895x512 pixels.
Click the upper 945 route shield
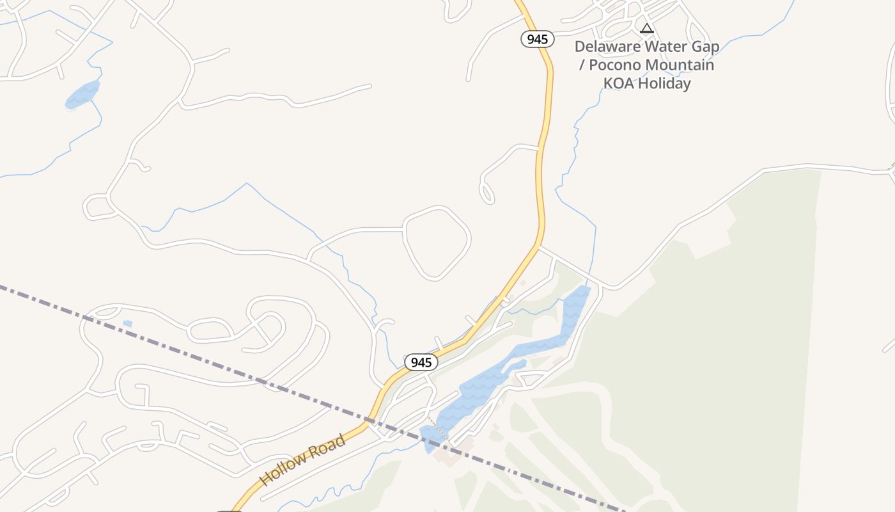coord(537,39)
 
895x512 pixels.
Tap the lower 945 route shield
coord(421,362)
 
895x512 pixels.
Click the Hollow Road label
coord(303,460)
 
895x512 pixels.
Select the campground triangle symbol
coord(647,28)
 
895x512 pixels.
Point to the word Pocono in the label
coord(614,65)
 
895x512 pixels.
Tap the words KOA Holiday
coord(647,84)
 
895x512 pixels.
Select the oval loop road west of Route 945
coord(437,243)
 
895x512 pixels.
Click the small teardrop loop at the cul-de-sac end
coord(486,193)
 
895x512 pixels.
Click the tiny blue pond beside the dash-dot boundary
coord(127,324)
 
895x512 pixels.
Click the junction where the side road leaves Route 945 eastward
coord(538,246)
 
